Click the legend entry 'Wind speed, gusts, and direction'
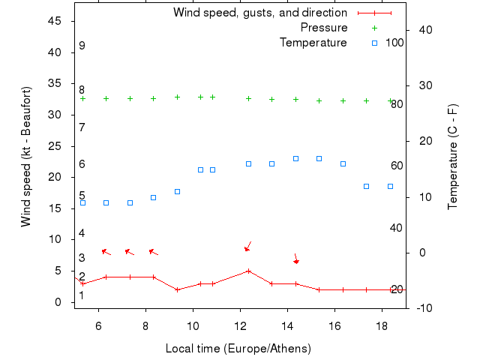(259, 13)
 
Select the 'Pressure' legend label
(324, 28)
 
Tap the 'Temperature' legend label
(313, 43)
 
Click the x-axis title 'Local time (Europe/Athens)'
(238, 349)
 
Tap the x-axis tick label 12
(240, 325)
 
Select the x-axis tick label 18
(382, 325)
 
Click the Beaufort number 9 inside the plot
(82, 46)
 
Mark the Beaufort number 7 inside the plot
(82, 127)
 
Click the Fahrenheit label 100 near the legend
(394, 43)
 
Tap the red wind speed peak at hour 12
(248, 271)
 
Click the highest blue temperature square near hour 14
(295, 158)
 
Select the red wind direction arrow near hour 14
(295, 258)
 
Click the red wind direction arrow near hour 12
(248, 246)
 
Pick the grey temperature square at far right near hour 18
(390, 186)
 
